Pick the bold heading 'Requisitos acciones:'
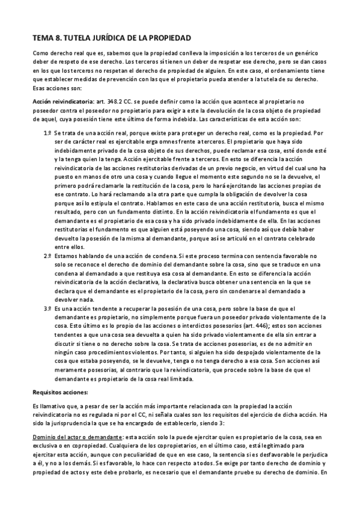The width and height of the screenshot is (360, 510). coord(60,392)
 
